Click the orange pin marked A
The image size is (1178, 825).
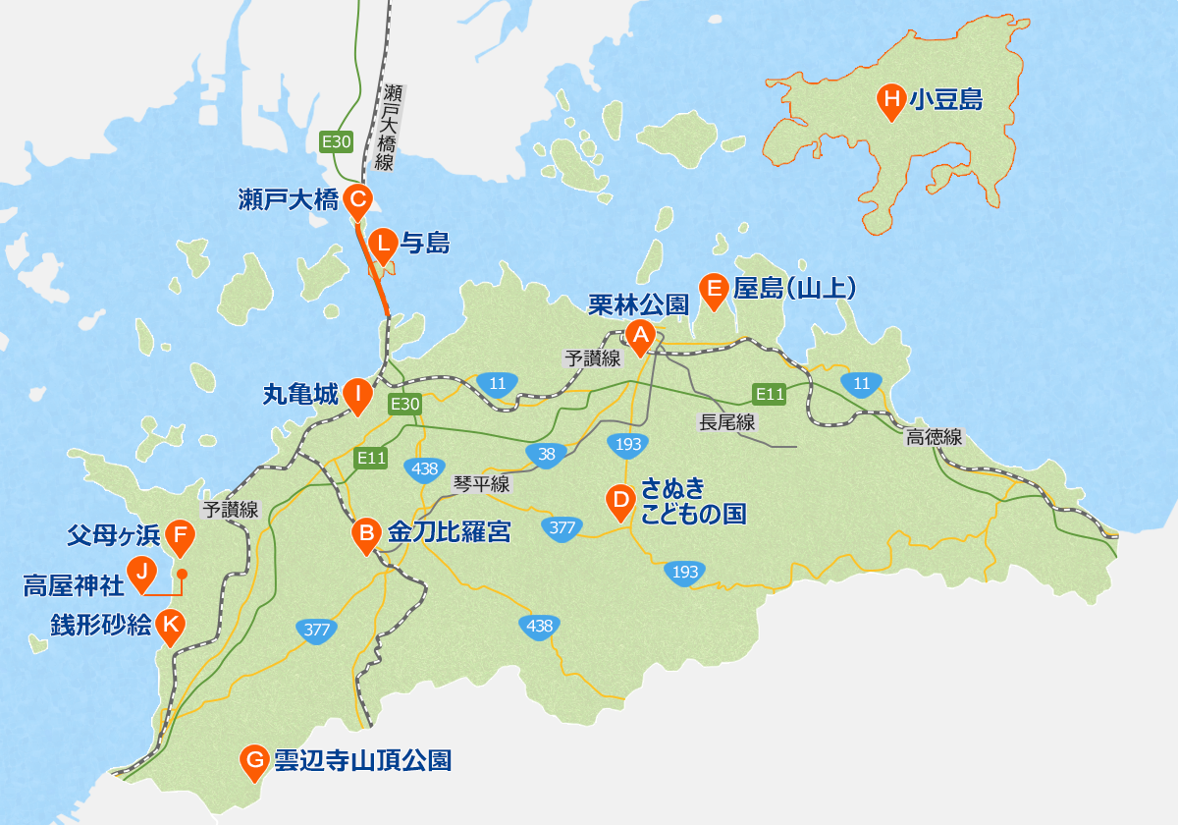pyautogui.click(x=640, y=336)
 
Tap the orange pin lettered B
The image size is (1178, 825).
pyautogui.click(x=366, y=534)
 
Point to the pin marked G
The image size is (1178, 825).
pyautogui.click(x=254, y=759)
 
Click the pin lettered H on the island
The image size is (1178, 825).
pyautogui.click(x=891, y=99)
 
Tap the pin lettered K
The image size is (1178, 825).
pyautogui.click(x=172, y=624)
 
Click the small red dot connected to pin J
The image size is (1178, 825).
pyautogui.click(x=182, y=574)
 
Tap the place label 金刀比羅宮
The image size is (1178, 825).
pyautogui.click(x=449, y=533)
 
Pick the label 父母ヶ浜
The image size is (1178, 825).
pyautogui.click(x=113, y=534)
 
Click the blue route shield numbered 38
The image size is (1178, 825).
pyautogui.click(x=547, y=454)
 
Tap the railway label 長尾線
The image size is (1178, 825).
pyautogui.click(x=726, y=422)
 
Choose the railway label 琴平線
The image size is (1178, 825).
pyautogui.click(x=481, y=483)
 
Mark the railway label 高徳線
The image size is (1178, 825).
pyautogui.click(x=935, y=438)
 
